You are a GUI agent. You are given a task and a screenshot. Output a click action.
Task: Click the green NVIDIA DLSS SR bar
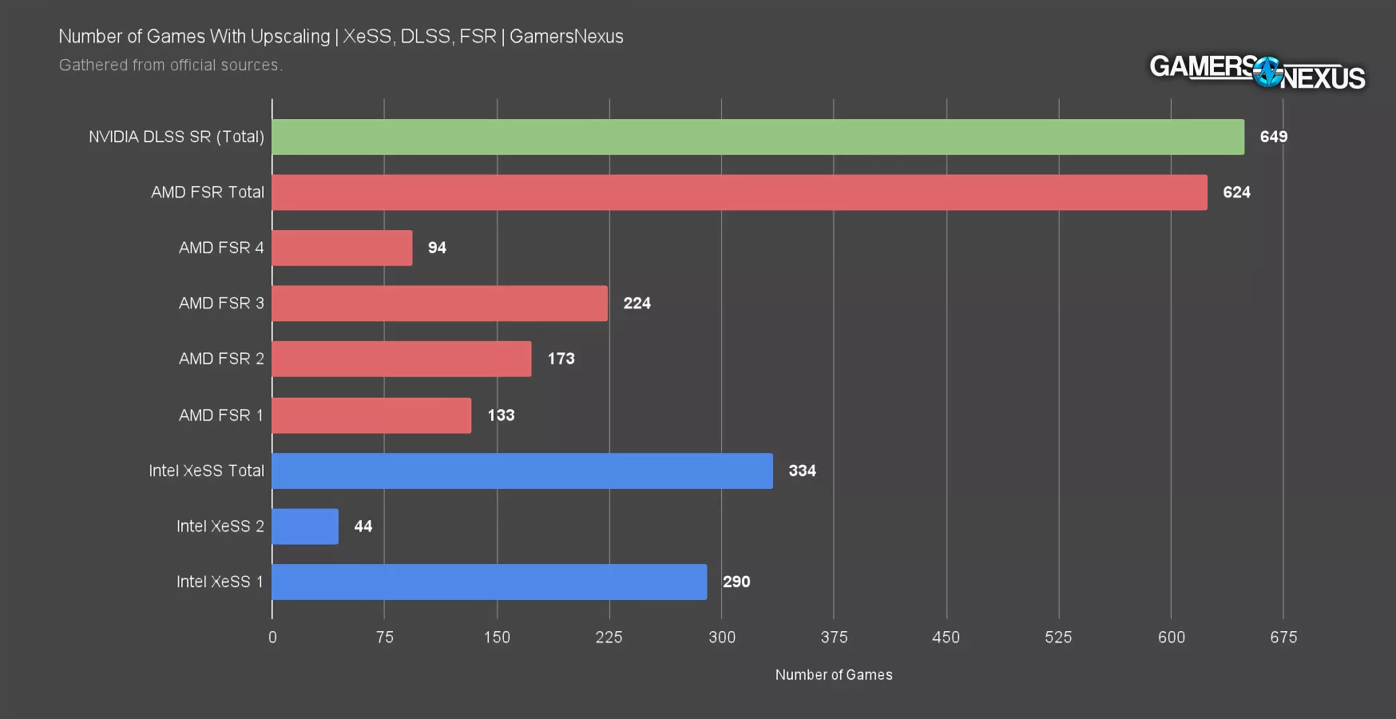click(x=757, y=137)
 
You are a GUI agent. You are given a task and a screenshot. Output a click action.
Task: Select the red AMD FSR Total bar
click(x=739, y=193)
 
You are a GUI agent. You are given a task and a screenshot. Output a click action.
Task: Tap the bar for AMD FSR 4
click(x=342, y=248)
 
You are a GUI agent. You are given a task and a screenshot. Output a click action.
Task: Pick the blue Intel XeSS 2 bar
click(x=305, y=526)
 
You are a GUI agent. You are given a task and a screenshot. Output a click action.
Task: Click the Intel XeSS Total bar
click(x=522, y=471)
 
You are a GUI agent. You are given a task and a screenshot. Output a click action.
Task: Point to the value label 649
click(x=1273, y=137)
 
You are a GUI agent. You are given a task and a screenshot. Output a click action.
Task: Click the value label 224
click(x=637, y=304)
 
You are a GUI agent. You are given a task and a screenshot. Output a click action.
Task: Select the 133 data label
click(x=501, y=415)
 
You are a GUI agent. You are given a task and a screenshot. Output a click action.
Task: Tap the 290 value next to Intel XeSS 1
click(x=736, y=582)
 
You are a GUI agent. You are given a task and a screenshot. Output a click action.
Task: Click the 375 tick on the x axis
click(x=834, y=638)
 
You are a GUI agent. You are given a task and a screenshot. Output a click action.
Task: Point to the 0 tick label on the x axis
click(x=272, y=638)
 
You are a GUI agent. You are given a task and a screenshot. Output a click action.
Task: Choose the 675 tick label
click(x=1283, y=638)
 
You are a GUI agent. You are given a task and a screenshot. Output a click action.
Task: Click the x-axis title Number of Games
click(x=834, y=675)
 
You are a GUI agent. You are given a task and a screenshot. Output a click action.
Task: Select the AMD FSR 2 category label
click(x=221, y=359)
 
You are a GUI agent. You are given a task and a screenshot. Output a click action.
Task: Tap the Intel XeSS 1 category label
click(x=220, y=582)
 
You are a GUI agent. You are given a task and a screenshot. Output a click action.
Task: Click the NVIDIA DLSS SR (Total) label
click(x=176, y=137)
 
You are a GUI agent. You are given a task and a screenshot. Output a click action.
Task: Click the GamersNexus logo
click(x=1257, y=73)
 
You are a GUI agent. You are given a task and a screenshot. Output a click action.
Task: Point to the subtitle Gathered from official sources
click(x=171, y=66)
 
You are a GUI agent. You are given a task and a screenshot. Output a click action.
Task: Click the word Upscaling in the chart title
click(x=290, y=37)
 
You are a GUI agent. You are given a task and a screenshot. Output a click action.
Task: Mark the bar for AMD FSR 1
click(x=371, y=415)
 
